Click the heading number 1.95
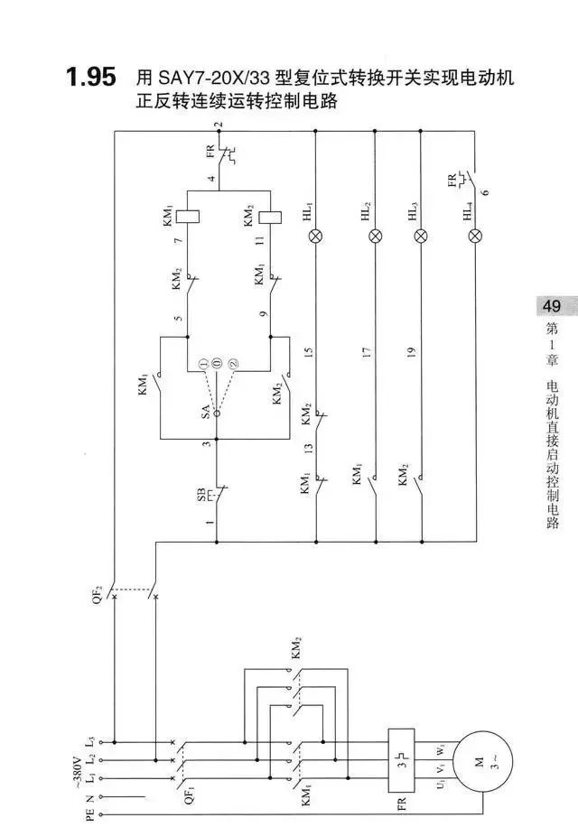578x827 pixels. coord(90,78)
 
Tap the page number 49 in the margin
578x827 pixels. coord(551,306)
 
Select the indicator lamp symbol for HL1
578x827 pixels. coord(315,237)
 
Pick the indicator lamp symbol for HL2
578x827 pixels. coord(375,237)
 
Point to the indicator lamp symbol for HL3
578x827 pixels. coord(420,237)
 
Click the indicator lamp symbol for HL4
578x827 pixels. coord(476,237)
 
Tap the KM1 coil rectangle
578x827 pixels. coord(188,216)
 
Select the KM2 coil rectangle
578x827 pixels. coord(270,216)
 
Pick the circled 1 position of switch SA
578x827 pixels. coord(204,362)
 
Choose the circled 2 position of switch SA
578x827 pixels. coord(233,362)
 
